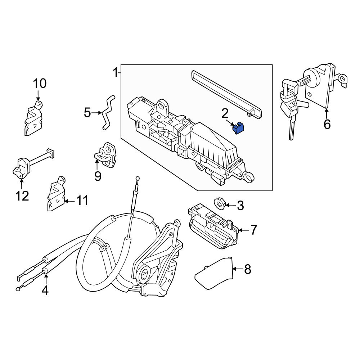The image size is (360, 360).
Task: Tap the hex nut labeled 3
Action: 220,203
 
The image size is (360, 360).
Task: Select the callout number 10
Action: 40,84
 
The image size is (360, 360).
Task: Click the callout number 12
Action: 22,196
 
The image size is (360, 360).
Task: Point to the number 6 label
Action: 327,125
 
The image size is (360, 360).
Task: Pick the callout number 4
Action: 45,290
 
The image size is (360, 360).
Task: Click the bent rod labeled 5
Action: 107,112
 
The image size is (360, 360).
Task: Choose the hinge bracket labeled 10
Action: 33,118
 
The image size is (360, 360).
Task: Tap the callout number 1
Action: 115,73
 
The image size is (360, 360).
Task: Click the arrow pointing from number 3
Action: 230,205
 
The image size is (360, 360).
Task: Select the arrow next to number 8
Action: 238,269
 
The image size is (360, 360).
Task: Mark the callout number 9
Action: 98,176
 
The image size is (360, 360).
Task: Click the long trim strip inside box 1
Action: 226,94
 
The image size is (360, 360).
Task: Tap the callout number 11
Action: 82,201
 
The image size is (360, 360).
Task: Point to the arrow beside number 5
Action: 97,113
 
